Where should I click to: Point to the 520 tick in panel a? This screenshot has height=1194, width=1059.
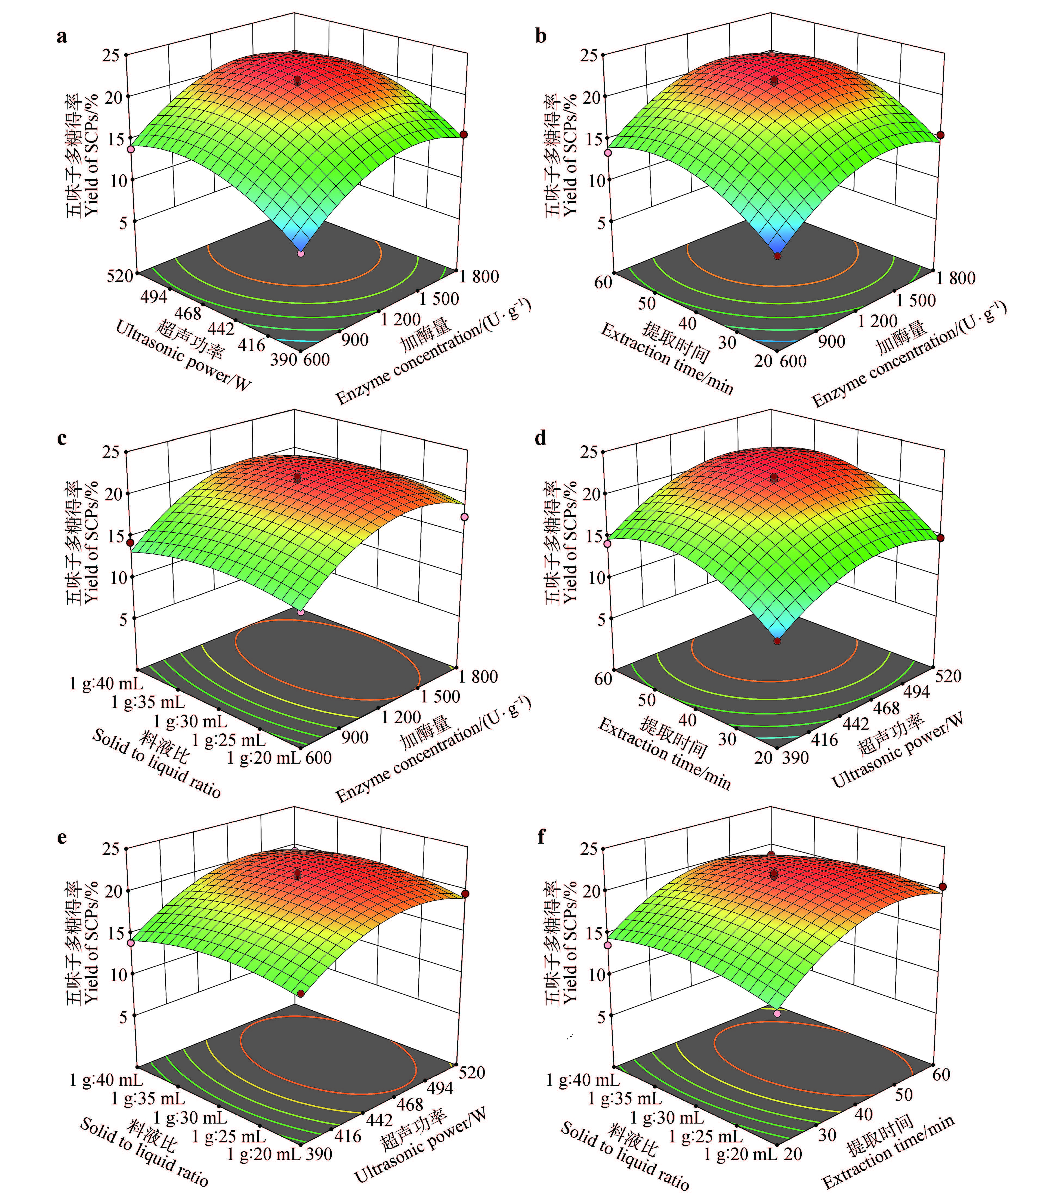(x=120, y=275)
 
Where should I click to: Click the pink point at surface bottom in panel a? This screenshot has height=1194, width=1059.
(x=301, y=254)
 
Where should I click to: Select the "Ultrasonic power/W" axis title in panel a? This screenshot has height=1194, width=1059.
(x=183, y=354)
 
